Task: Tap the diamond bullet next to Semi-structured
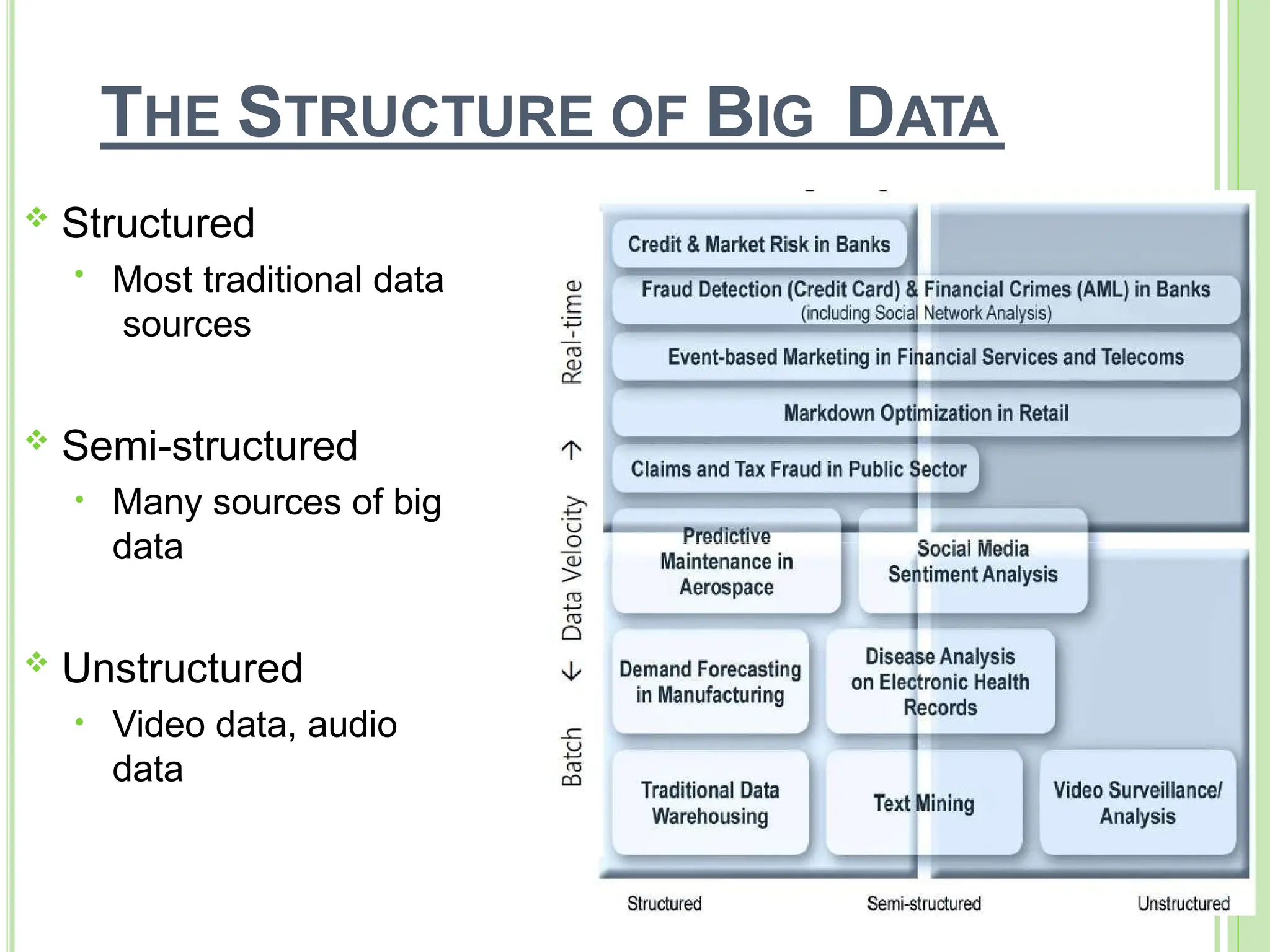(37, 441)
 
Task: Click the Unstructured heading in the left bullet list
(182, 668)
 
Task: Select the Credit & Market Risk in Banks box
(758, 244)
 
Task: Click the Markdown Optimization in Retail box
(926, 413)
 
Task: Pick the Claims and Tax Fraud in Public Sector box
(797, 469)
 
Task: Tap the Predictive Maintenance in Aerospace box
(726, 562)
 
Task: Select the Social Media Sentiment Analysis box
(972, 562)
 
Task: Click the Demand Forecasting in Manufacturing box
(710, 682)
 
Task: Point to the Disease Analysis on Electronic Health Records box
(940, 682)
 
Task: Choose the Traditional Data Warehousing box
(710, 803)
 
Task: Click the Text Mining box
(923, 803)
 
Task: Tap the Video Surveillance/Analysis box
(1137, 803)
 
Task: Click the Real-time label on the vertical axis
(572, 332)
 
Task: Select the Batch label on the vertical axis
(572, 757)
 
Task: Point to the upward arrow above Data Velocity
(572, 451)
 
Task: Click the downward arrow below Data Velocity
(572, 671)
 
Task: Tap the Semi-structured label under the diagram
(923, 904)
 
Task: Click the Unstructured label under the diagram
(1183, 904)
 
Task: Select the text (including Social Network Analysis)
(926, 314)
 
